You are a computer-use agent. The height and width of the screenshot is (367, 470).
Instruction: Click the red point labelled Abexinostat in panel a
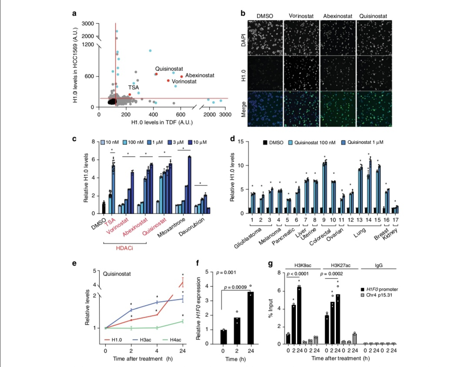[x=181, y=77]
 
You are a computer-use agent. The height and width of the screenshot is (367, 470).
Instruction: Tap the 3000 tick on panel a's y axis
[x=89, y=24]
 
